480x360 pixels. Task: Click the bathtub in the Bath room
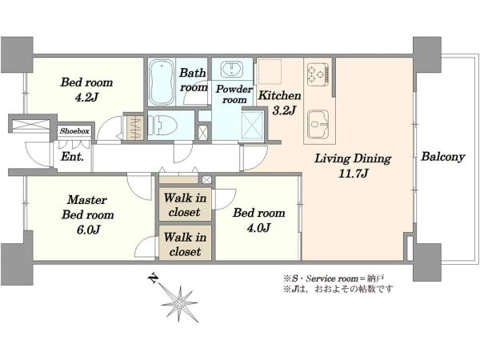162,82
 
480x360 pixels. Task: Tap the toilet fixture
163,126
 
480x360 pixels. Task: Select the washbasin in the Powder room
232,68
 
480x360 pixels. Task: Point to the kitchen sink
318,124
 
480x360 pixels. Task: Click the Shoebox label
74,131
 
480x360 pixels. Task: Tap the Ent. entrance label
72,157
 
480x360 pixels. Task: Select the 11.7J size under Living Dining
353,174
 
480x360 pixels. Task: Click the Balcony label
443,157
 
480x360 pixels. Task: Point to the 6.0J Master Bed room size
88,230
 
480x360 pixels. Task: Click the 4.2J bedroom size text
86,97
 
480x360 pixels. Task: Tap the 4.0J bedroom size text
258,228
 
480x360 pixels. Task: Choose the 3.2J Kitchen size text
284,110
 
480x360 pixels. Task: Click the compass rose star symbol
180,303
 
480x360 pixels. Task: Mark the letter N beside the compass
153,278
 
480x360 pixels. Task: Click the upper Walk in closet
185,205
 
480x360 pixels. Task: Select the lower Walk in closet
185,244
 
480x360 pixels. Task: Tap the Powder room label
234,94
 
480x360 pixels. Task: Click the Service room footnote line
334,278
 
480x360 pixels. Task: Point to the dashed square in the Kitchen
270,71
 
